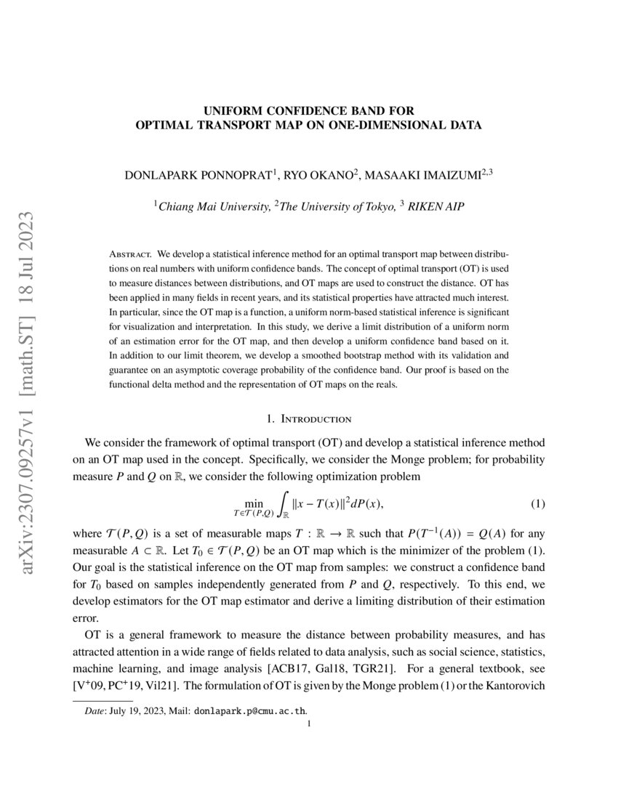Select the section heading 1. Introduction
click(309, 418)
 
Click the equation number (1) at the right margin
click(537, 503)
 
